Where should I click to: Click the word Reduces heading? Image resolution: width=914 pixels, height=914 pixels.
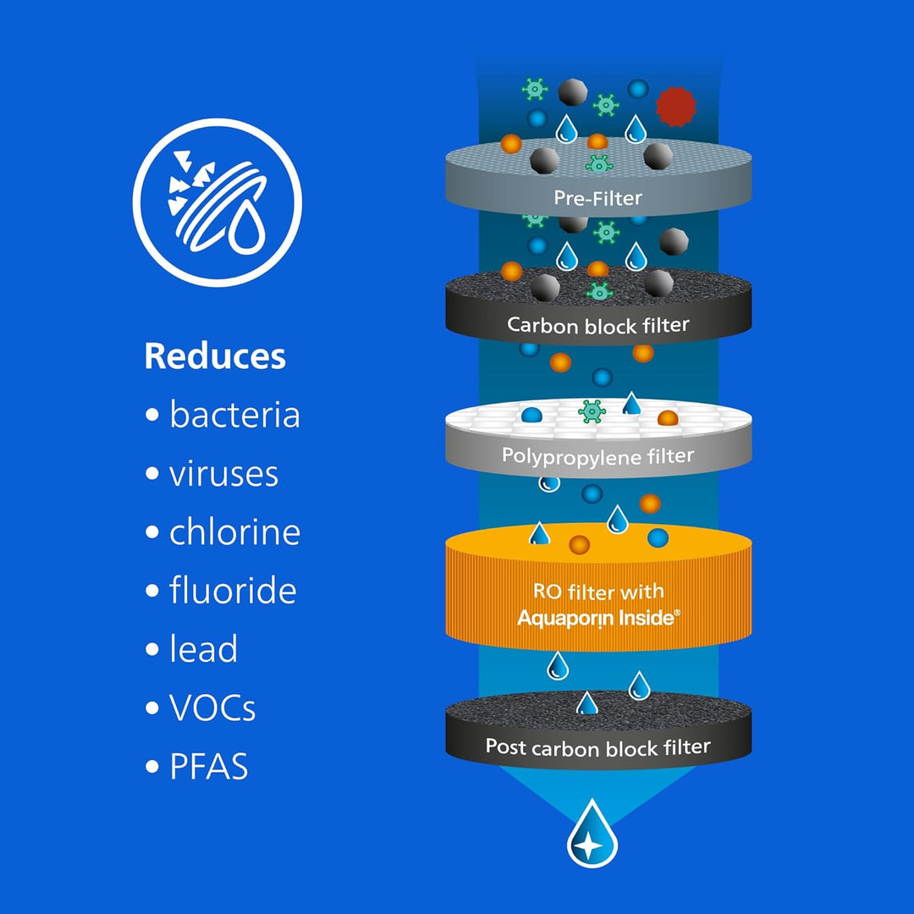[x=215, y=356]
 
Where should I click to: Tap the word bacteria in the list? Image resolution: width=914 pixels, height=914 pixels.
[x=235, y=415]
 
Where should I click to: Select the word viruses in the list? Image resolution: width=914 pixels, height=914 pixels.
[x=223, y=473]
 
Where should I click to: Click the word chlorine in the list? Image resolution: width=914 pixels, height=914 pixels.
[x=235, y=531]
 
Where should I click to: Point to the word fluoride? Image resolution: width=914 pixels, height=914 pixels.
[x=234, y=590]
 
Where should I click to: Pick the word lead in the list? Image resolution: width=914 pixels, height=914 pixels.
[x=203, y=648]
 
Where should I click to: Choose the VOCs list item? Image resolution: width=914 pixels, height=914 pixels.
[x=212, y=708]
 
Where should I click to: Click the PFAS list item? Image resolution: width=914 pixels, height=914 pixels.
[x=209, y=766]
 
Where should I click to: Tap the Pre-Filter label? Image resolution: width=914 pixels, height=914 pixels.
[x=597, y=198]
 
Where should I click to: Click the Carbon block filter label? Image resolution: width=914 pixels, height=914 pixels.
[x=598, y=325]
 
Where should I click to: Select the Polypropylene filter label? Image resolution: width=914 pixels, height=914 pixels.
[x=598, y=456]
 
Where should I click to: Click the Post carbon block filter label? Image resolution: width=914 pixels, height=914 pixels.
[x=598, y=746]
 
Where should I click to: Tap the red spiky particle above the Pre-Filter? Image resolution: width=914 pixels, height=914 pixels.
[x=676, y=107]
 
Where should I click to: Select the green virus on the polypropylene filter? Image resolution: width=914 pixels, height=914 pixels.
[x=592, y=411]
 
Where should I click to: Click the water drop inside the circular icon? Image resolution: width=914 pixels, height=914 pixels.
[x=247, y=228]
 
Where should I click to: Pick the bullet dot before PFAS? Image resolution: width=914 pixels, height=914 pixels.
[x=152, y=766]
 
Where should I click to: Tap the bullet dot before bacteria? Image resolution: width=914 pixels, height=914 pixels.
[x=152, y=415]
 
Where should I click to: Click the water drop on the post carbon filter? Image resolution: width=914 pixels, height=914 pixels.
[x=587, y=703]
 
